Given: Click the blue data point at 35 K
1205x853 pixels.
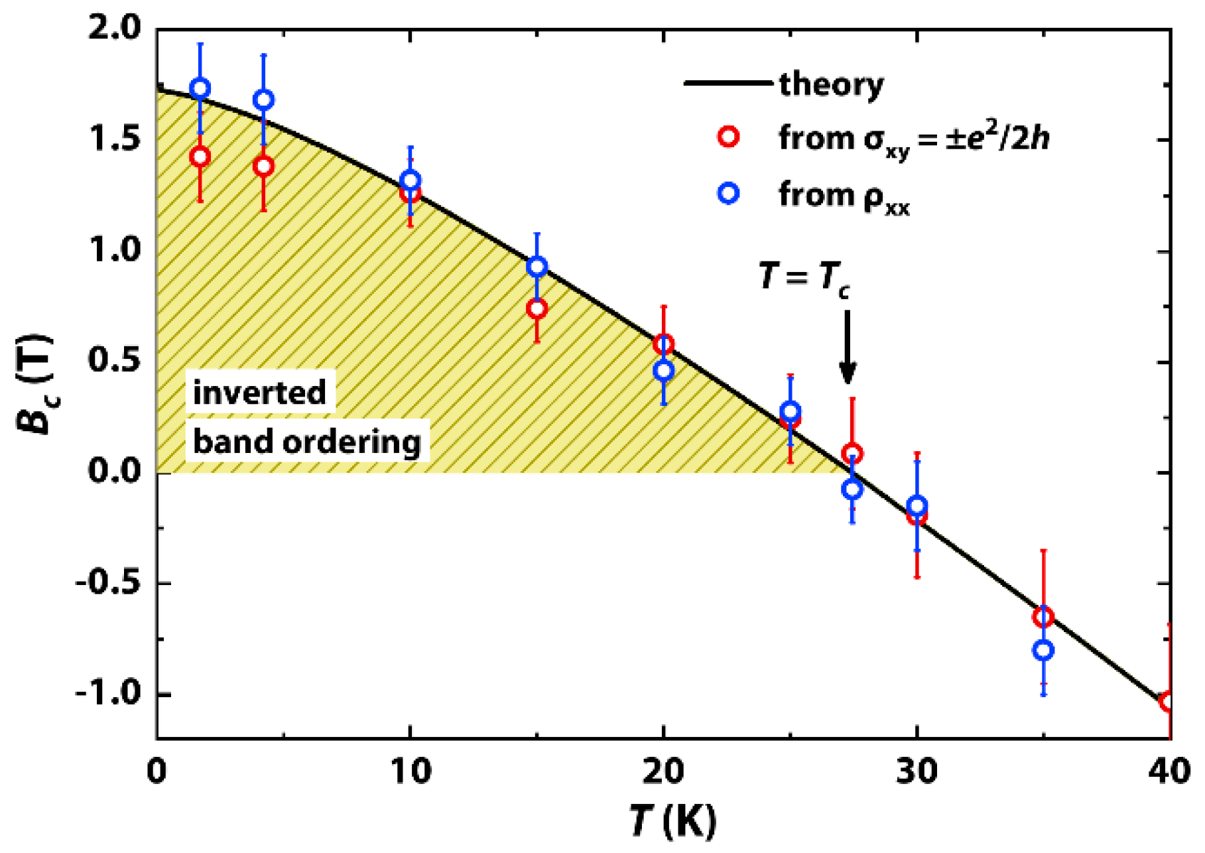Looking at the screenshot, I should click(1043, 650).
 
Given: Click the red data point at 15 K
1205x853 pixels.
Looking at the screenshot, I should click(537, 308).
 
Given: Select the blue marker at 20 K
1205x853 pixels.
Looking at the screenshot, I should click(664, 371).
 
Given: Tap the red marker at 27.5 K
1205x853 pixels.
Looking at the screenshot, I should click(852, 454).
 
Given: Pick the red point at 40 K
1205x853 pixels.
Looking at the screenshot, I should click(1169, 702).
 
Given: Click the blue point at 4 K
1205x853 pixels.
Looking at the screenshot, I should click(263, 100).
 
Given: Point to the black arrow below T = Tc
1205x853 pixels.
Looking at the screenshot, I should click(847, 348).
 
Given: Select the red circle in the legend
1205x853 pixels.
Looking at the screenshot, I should click(729, 137).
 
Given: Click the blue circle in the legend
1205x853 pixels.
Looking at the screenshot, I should click(729, 194).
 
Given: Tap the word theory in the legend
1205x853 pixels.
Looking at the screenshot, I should click(831, 85).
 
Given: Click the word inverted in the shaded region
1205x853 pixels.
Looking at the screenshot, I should click(259, 392).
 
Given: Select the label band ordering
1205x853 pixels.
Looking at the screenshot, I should click(306, 441).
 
